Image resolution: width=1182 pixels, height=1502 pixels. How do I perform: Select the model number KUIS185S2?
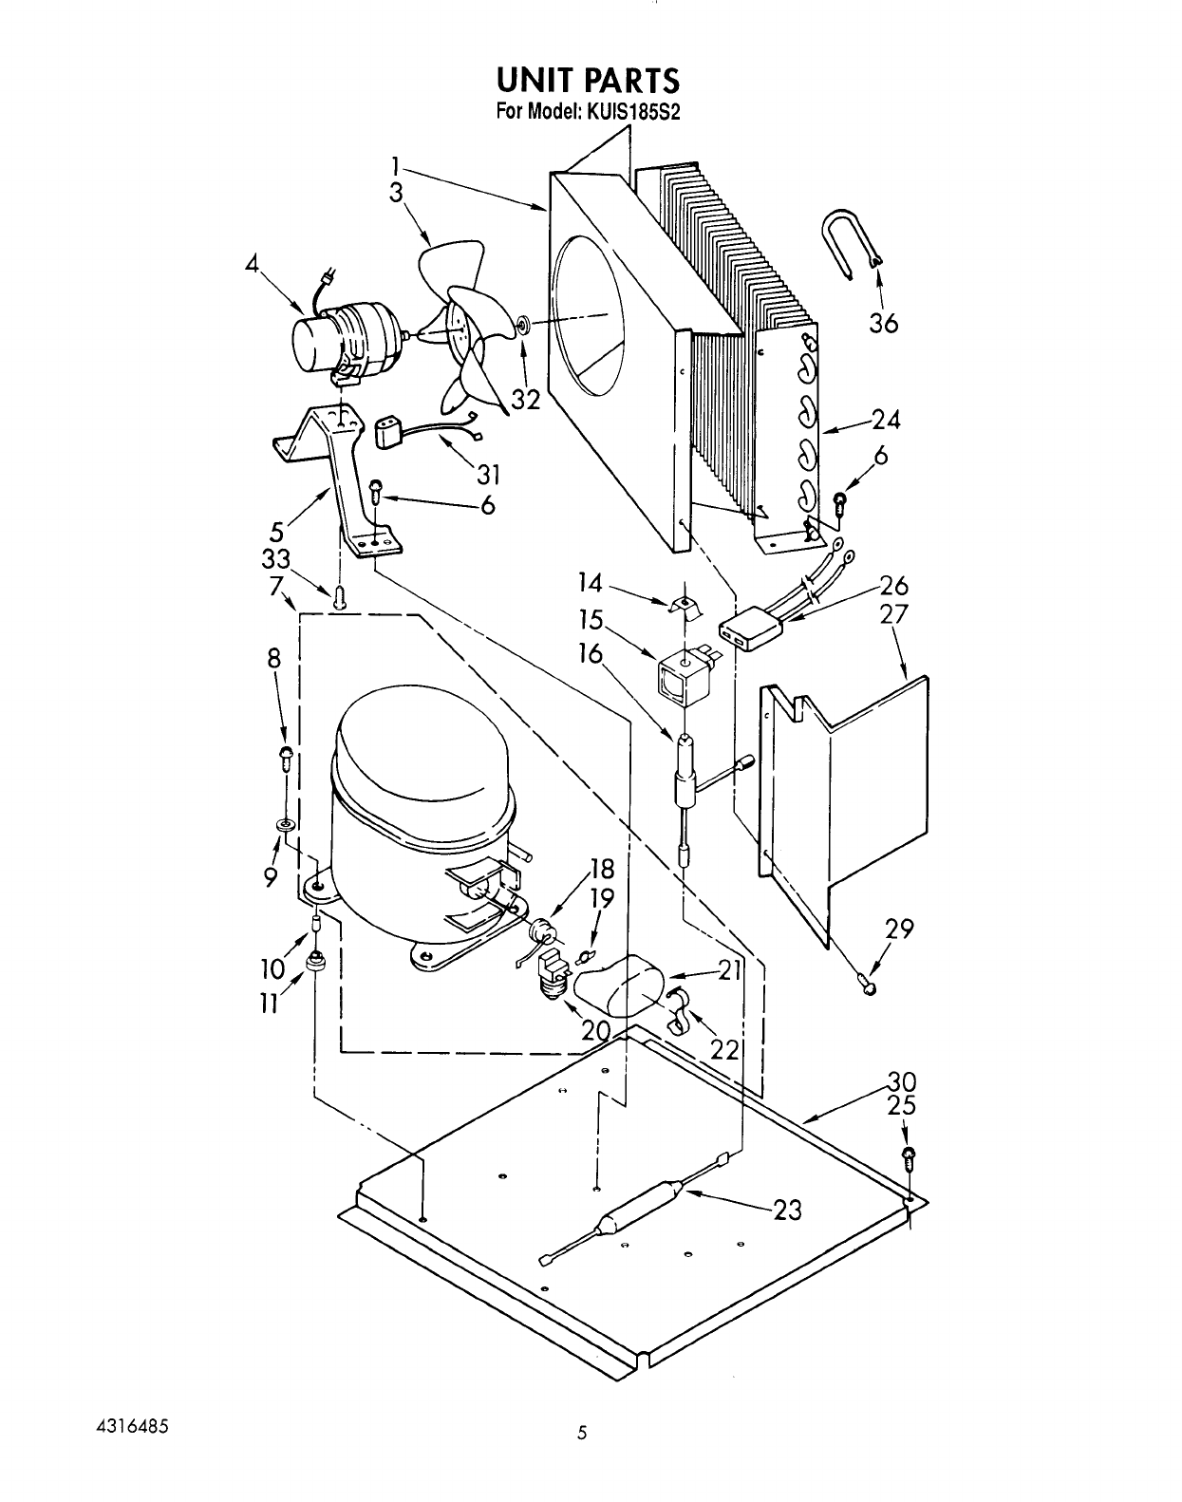click(x=634, y=110)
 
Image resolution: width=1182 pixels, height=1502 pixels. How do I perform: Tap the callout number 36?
click(x=882, y=324)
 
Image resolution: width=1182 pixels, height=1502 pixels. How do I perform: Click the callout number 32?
click(x=525, y=400)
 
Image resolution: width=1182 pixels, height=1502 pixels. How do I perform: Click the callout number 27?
click(x=892, y=613)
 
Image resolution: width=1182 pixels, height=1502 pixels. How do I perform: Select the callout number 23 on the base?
click(x=787, y=1211)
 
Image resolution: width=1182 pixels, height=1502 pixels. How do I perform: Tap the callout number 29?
click(x=898, y=929)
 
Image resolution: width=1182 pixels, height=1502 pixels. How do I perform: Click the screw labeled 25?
click(x=908, y=1155)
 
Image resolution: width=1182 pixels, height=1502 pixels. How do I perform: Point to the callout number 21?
click(x=729, y=970)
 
